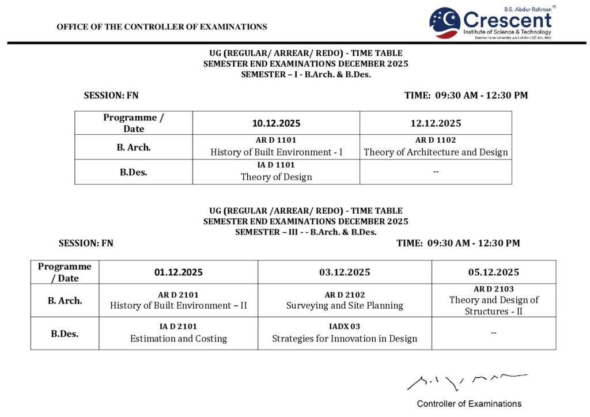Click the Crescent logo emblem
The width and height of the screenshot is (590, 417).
(x=444, y=23)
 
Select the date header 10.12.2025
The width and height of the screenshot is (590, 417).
(x=276, y=123)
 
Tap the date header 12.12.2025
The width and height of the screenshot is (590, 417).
(x=436, y=123)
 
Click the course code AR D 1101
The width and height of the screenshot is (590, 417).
(x=276, y=140)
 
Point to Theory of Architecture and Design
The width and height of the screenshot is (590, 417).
(x=436, y=153)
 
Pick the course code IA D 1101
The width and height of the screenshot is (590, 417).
(x=276, y=165)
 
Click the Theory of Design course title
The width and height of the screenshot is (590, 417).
(x=276, y=177)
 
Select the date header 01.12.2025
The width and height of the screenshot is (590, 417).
(x=178, y=272)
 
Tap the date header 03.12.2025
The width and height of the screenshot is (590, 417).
(x=345, y=272)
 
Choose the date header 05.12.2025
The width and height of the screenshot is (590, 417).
(x=493, y=272)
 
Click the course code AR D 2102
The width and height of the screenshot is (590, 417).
(x=345, y=295)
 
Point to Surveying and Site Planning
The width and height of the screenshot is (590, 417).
(x=345, y=306)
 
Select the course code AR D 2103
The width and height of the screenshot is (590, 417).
(x=493, y=289)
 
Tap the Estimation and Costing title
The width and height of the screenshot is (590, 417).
(x=178, y=339)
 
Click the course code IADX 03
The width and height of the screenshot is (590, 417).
(x=345, y=327)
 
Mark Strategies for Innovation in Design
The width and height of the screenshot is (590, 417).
(x=345, y=339)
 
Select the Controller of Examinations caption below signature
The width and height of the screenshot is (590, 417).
(x=469, y=404)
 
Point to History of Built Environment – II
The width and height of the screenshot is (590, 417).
(x=178, y=306)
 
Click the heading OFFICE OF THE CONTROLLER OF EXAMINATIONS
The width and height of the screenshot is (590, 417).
(x=162, y=26)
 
